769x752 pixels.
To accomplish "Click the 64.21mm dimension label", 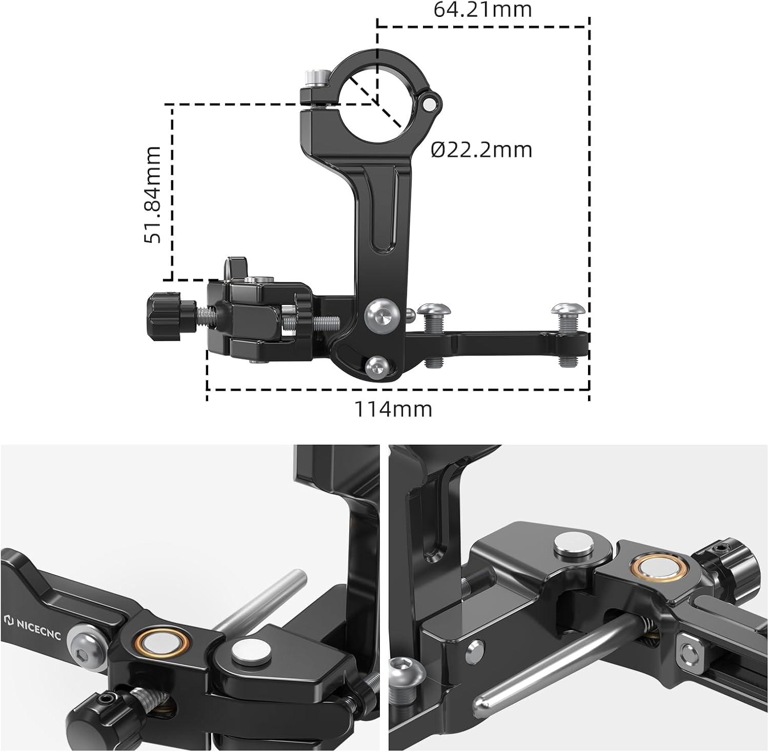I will click(x=483, y=9).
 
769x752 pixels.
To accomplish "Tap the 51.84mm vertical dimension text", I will click(x=153, y=194).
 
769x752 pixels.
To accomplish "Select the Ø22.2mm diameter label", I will click(x=481, y=150).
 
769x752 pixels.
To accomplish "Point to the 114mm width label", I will click(x=393, y=409).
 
